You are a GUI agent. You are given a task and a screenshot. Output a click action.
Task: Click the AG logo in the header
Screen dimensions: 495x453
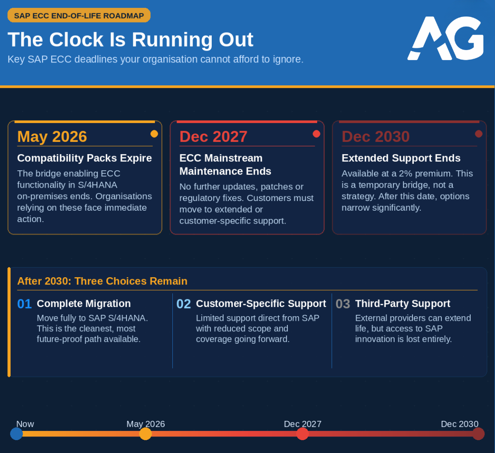point(445,38)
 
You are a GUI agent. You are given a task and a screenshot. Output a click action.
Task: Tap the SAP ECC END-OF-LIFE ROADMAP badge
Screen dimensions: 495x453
point(79,16)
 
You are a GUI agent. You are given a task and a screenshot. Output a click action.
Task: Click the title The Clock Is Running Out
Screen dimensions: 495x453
point(130,40)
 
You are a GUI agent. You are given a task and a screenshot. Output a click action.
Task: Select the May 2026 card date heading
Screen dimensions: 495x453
point(52,137)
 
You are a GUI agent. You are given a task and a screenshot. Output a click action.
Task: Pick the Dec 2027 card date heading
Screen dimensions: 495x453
point(214,137)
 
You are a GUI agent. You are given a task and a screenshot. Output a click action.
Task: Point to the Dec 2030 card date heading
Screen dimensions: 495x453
point(376,137)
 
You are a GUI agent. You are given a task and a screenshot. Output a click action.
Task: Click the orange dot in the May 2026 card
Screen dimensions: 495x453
point(154,134)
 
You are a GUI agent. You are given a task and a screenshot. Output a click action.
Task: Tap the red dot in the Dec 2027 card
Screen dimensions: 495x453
point(316,134)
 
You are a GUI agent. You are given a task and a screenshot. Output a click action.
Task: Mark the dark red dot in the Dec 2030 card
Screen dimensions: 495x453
point(478,134)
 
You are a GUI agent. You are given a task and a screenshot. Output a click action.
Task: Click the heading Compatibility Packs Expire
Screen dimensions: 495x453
point(85,158)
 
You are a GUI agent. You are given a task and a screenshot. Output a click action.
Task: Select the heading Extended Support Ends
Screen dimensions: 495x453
point(401,158)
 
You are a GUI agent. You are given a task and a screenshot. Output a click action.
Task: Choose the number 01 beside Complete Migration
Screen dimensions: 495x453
point(24,304)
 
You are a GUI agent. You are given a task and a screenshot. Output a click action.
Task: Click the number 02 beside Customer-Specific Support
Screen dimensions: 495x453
point(184,304)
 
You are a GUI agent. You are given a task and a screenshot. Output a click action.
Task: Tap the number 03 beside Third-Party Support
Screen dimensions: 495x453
point(343,304)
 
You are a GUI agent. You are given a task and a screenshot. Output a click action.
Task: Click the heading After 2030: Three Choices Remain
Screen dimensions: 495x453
point(102,281)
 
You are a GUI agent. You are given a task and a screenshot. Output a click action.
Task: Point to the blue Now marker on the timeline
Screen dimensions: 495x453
point(16,434)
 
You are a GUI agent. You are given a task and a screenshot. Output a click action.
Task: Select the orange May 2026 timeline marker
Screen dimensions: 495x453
point(146,434)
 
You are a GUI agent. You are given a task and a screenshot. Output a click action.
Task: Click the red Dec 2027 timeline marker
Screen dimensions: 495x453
point(302,434)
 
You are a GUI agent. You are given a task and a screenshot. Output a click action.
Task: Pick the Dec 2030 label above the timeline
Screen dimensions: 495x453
point(460,424)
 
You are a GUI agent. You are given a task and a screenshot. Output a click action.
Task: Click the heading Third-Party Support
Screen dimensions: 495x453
point(403,303)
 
